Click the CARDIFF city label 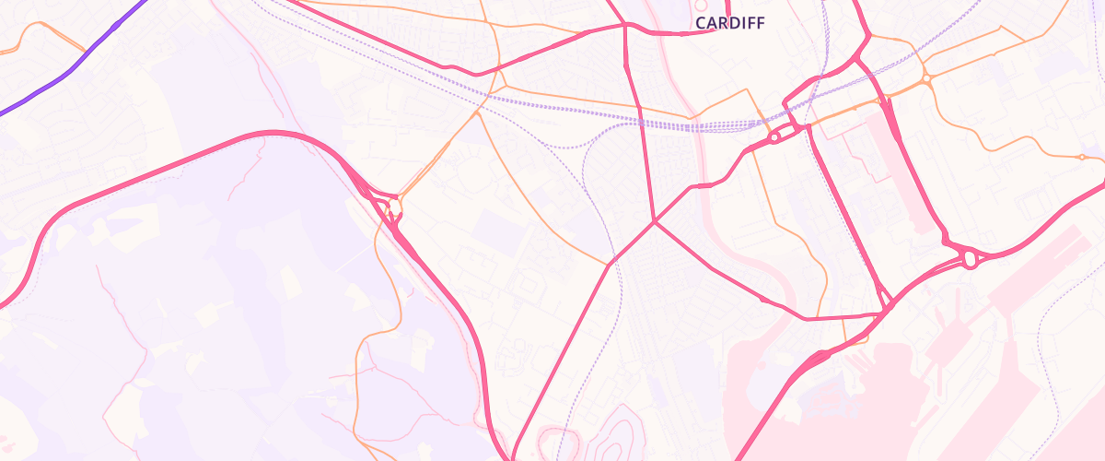tap(730, 22)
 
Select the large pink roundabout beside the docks tap(969, 260)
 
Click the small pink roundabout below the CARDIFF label tap(774, 137)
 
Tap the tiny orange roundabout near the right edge tap(1081, 157)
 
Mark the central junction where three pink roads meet tap(654, 221)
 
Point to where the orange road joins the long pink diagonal tap(608, 266)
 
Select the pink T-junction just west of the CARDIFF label tap(625, 25)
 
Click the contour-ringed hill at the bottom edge tap(617, 433)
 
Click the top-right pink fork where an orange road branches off tap(868, 37)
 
